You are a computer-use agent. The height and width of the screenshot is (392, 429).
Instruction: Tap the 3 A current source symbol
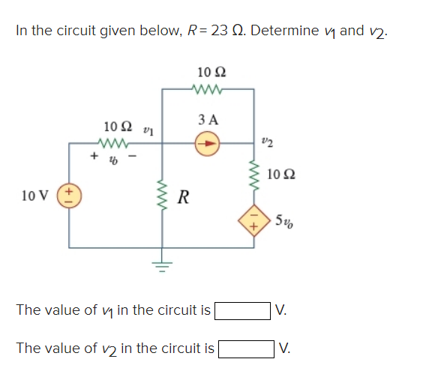(x=208, y=140)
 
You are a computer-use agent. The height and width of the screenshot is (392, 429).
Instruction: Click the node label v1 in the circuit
(x=148, y=130)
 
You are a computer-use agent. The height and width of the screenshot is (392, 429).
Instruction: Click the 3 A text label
(x=208, y=119)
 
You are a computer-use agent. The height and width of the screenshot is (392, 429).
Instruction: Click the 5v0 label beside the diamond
(x=283, y=221)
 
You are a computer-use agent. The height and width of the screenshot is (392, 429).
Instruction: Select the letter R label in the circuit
(x=183, y=198)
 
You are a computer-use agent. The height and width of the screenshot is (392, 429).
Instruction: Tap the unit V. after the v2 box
(x=285, y=349)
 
